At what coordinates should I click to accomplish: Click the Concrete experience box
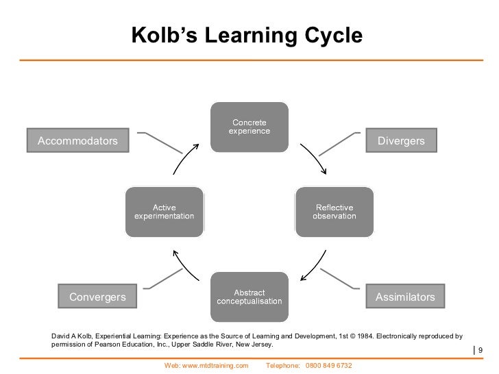pyautogui.click(x=249, y=127)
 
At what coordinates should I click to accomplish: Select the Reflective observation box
pyautogui.click(x=334, y=212)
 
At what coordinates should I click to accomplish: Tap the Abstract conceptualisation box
pyautogui.click(x=249, y=297)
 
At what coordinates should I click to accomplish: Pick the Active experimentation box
pyautogui.click(x=164, y=212)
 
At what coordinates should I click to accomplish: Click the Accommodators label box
pyautogui.click(x=77, y=141)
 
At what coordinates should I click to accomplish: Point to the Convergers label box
pyautogui.click(x=97, y=297)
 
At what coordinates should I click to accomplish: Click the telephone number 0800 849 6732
pyautogui.click(x=329, y=366)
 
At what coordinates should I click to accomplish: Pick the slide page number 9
pyautogui.click(x=480, y=351)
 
